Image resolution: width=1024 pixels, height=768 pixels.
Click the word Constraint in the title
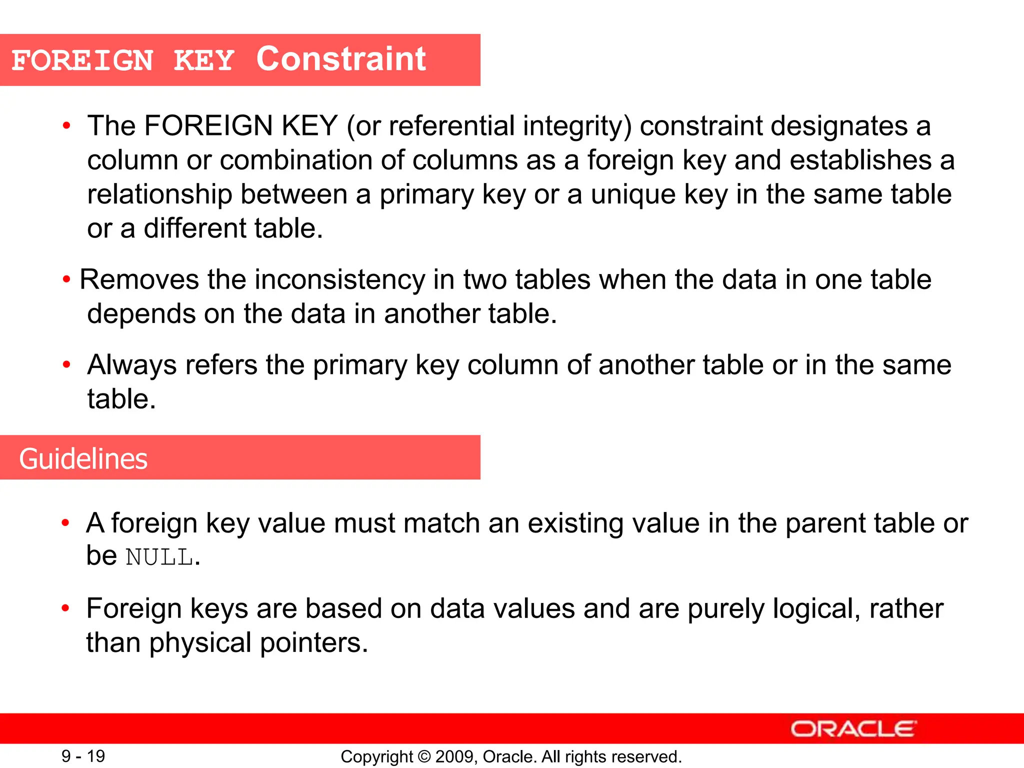pyautogui.click(x=341, y=59)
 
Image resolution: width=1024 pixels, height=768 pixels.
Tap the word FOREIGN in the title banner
pyautogui.click(x=82, y=61)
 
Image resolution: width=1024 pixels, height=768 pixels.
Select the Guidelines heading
pyautogui.click(x=83, y=458)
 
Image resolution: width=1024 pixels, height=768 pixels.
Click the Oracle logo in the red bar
pyautogui.click(x=853, y=729)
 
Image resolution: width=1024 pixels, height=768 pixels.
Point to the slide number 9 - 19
pyautogui.click(x=83, y=756)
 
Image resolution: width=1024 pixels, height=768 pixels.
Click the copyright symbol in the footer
pyautogui.click(x=424, y=756)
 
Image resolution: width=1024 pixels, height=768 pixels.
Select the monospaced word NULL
pyautogui.click(x=159, y=557)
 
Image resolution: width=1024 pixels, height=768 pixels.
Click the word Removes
pyautogui.click(x=139, y=279)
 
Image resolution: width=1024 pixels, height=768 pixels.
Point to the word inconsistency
pyautogui.click(x=340, y=279)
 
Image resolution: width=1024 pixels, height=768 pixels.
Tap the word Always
pyautogui.click(x=132, y=365)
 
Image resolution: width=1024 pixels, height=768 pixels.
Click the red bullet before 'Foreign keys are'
pyautogui.click(x=65, y=608)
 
